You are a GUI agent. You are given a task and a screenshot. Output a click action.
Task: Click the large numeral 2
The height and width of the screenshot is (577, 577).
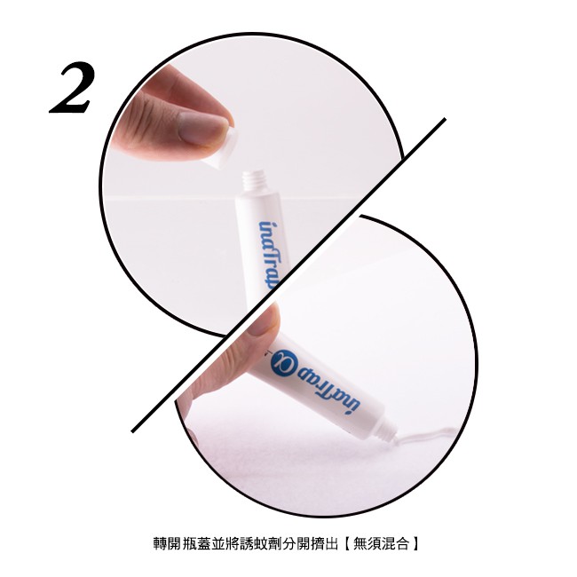pos(72,88)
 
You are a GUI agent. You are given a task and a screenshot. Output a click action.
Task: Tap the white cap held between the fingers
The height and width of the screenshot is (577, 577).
pos(221,148)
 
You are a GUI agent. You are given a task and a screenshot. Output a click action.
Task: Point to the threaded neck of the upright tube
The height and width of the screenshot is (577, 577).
pos(254,182)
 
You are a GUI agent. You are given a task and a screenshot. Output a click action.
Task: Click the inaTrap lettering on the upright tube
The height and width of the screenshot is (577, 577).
pos(270,254)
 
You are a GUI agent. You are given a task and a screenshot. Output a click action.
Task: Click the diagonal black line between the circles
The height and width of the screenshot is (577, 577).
pos(288,275)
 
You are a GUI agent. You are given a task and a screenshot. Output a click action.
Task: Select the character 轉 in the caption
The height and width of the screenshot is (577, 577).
pos(160,543)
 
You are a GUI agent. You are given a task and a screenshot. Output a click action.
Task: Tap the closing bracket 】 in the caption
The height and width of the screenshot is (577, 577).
pos(415,543)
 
